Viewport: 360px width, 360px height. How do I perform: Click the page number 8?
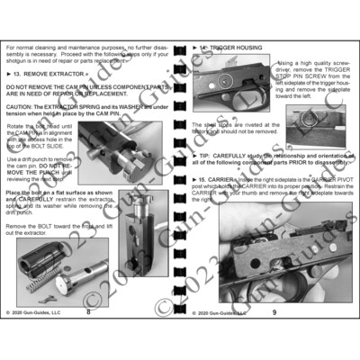88,312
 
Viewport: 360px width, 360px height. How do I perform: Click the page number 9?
273,312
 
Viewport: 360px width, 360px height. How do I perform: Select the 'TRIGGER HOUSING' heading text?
240,44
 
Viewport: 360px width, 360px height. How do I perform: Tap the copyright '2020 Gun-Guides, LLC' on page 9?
221,312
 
